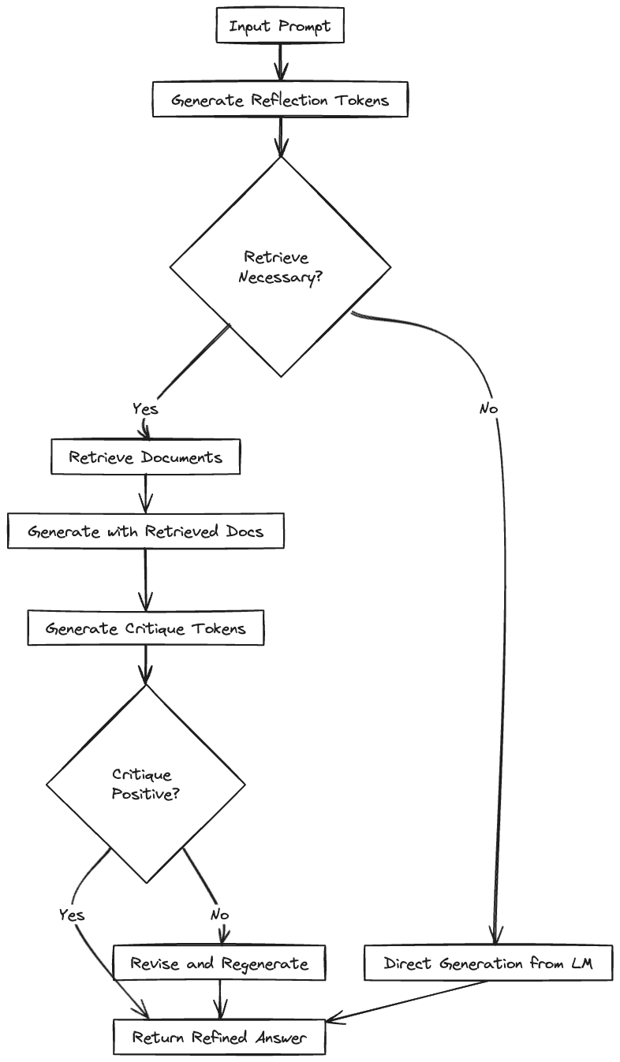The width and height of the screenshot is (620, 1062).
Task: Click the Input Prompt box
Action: pyautogui.click(x=280, y=27)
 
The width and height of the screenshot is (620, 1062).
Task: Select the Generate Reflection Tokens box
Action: pyautogui.click(x=280, y=100)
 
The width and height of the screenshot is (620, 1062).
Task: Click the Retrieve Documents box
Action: pyautogui.click(x=146, y=457)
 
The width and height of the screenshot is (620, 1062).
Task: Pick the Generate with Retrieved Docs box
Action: pyautogui.click(x=146, y=531)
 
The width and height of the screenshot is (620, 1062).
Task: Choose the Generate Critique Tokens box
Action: pyautogui.click(x=146, y=628)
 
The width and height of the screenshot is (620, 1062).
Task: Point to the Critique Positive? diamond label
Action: pyautogui.click(x=145, y=784)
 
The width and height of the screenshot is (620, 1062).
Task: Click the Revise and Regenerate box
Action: pyautogui.click(x=219, y=963)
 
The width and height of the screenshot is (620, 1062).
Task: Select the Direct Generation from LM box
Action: pyautogui.click(x=488, y=963)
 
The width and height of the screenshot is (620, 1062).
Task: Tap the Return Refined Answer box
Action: pyautogui.click(x=219, y=1037)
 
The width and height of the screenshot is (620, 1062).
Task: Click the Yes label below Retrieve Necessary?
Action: pyautogui.click(x=145, y=408)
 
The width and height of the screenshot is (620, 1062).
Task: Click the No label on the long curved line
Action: pyautogui.click(x=489, y=408)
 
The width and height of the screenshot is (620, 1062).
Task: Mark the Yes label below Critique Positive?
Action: pyautogui.click(x=72, y=915)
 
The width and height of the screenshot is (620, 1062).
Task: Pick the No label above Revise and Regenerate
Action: pyautogui.click(x=219, y=915)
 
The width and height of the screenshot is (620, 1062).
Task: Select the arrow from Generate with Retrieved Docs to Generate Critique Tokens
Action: pyautogui.click(x=145, y=579)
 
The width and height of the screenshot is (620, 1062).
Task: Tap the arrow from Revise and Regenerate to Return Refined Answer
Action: pyautogui.click(x=219, y=1000)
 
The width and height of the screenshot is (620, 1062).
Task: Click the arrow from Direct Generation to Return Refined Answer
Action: pyautogui.click(x=410, y=1002)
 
